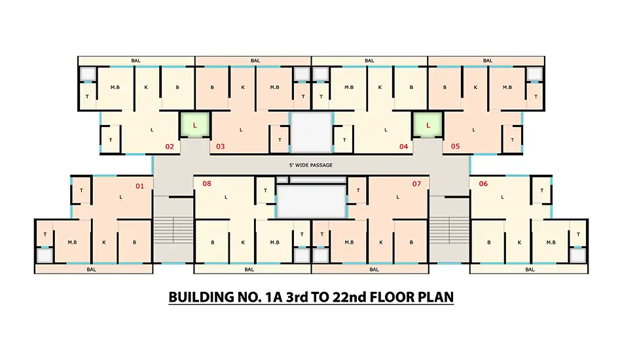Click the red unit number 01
[139, 186]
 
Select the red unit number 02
[170, 147]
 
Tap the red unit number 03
[220, 147]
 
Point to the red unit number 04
[403, 147]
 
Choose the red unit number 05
[455, 147]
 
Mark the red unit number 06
[483, 183]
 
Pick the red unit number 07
[416, 183]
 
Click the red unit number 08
[207, 183]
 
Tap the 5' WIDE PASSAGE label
[311, 165]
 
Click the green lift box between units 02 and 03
[194, 125]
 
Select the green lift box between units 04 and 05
[428, 125]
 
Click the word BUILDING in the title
[201, 297]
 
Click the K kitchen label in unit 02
[146, 87]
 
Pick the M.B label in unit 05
[507, 87]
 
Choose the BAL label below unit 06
[530, 270]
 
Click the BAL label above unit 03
[255, 61]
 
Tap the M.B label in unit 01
[72, 242]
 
